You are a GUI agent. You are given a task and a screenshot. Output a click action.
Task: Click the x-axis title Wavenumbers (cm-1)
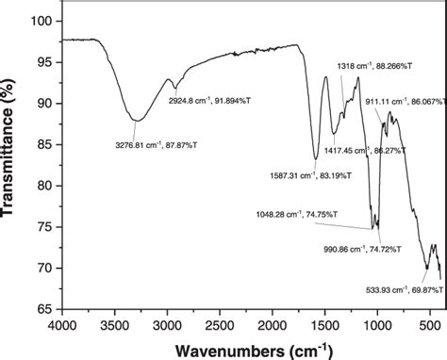[251, 349]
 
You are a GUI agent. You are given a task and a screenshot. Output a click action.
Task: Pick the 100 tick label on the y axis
[41, 20]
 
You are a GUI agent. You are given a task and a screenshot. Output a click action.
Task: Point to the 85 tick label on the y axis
[44, 144]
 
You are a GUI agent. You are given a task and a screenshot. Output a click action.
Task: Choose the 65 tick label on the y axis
[44, 308]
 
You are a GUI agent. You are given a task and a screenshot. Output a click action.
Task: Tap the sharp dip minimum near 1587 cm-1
[316, 158]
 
